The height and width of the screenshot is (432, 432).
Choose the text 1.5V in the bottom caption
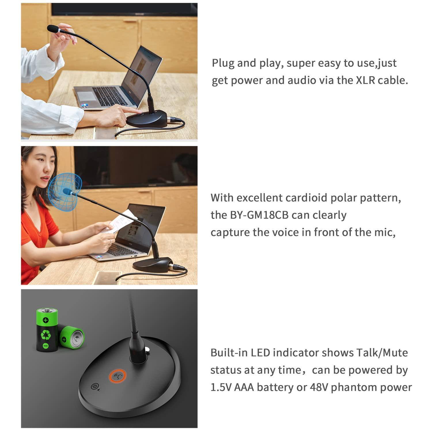(x=221, y=387)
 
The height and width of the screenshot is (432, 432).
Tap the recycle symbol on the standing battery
(x=46, y=334)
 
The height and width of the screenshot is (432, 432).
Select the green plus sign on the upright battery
(x=46, y=320)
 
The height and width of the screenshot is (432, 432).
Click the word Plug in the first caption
(x=223, y=63)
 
